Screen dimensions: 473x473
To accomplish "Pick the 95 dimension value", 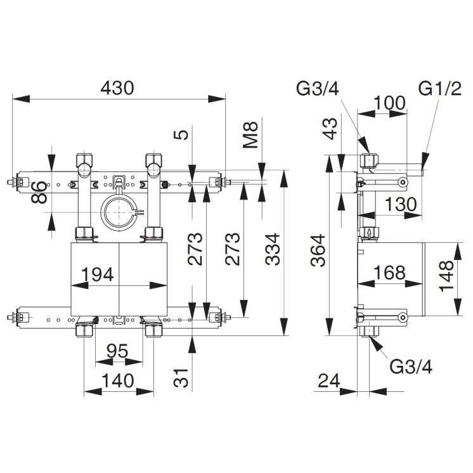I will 118,350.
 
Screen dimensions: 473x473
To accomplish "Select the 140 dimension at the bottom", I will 118,380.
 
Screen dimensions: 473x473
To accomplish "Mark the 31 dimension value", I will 182,379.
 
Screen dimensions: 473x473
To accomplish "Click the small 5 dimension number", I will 182,134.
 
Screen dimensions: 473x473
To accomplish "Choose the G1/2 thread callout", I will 439,89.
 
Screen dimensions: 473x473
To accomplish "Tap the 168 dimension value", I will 389,273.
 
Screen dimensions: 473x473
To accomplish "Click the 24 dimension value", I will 329,380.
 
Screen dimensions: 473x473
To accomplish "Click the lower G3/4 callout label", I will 411,366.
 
